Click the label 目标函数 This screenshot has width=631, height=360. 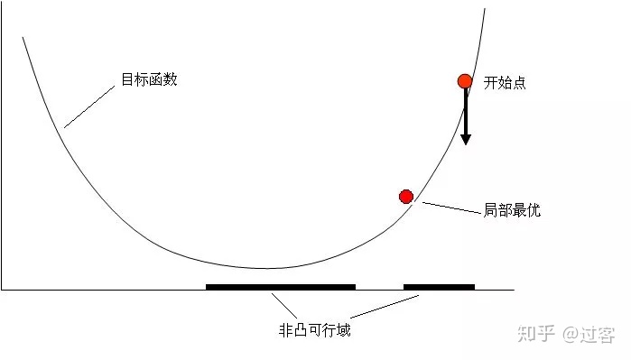pos(149,80)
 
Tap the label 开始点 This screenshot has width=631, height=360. pos(505,83)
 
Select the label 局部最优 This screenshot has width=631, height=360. pos(512,211)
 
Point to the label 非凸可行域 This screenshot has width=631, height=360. pos(314,330)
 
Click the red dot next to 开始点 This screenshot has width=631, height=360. pos(465,81)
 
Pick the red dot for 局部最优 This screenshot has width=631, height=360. pos(406,197)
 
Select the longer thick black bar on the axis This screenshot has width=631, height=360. pos(280,287)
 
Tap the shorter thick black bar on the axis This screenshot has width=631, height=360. pos(439,287)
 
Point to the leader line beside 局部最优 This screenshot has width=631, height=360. pos(451,208)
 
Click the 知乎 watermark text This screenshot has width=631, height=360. pos(535,334)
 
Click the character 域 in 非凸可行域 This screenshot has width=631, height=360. pos(343,330)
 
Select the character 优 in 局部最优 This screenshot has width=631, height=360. pos(534,211)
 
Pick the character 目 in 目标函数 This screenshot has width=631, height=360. pos(127,80)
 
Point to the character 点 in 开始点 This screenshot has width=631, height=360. pos(519,83)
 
